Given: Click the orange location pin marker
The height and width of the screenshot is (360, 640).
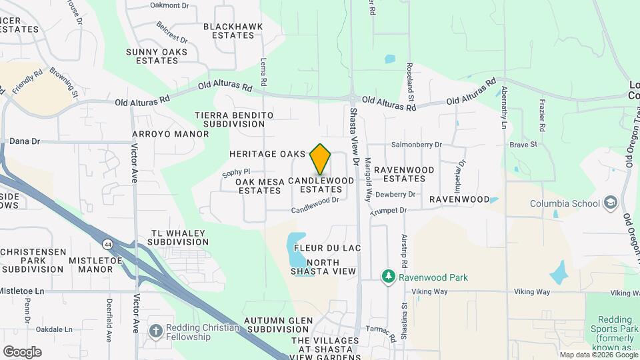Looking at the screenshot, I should coord(321,159).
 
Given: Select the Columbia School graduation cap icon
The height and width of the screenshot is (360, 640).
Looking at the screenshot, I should coord(610,203).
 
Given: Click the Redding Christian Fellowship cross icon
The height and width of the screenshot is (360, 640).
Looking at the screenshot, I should coord(155,330).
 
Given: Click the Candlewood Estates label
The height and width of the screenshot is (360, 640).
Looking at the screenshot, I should coord(321,185).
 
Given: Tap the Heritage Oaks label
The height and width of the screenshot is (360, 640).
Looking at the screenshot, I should coord(267,154).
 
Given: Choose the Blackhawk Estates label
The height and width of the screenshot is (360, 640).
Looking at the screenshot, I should coord(233,31).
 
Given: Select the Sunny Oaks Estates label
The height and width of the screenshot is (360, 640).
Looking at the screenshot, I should coord(157,56).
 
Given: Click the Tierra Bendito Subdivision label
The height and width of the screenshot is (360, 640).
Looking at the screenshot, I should coord(234,119).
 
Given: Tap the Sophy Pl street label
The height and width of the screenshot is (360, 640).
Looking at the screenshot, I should coord(236,172).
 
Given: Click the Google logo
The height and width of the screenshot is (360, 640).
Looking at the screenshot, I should coord(21,351).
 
